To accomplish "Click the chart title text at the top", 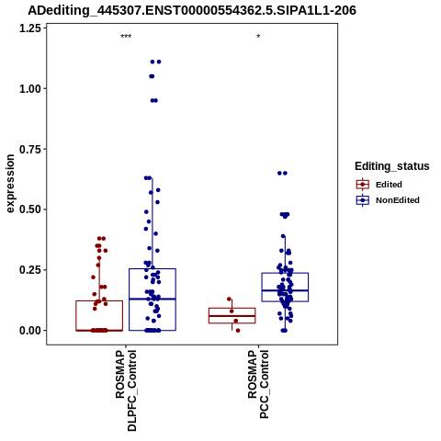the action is [192, 10].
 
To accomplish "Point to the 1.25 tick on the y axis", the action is [30, 28].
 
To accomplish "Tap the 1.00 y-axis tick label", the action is [30, 89].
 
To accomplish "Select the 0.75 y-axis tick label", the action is [30, 150].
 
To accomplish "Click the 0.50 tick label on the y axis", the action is [30, 209].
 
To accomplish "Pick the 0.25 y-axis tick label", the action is [30, 270].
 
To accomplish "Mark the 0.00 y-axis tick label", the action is [30, 331].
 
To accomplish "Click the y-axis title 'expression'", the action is [10, 184].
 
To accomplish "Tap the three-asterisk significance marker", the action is [126, 37].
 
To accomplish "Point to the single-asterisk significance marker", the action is [258, 37].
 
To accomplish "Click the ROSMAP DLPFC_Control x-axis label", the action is [126, 390].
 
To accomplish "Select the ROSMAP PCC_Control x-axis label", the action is [258, 384].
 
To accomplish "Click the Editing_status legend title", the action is [392, 166].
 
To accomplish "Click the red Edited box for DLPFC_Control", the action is [99, 301].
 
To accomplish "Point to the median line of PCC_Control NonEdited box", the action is [285, 290].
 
